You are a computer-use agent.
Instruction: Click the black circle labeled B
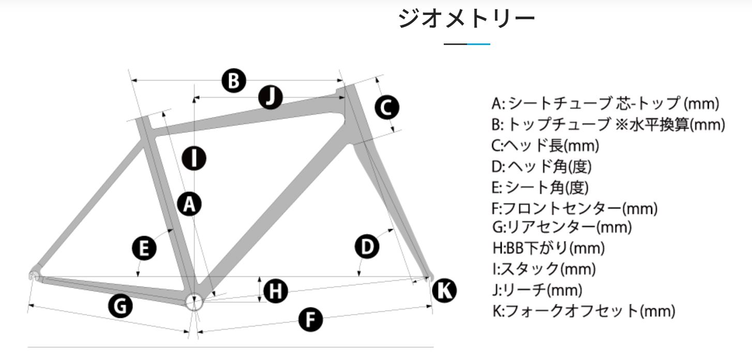pyautogui.click(x=234, y=81)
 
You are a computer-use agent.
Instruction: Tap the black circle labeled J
pyautogui.click(x=270, y=97)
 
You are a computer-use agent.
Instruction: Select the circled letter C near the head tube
pyautogui.click(x=387, y=108)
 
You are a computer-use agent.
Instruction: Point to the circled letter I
pyautogui.click(x=194, y=158)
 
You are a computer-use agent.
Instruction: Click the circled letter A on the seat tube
pyautogui.click(x=189, y=204)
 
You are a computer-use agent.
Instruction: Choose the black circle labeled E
pyautogui.click(x=144, y=248)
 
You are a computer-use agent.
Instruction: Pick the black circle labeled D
pyautogui.click(x=367, y=247)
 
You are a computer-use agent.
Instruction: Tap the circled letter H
pyautogui.click(x=276, y=291)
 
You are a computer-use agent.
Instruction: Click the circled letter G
pyautogui.click(x=120, y=306)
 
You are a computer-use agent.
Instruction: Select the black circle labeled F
pyautogui.click(x=310, y=319)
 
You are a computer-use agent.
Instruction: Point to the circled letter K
pyautogui.click(x=444, y=291)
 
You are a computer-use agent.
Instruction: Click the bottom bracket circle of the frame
pyautogui.click(x=194, y=302)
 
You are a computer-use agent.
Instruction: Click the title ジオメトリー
pyautogui.click(x=467, y=19)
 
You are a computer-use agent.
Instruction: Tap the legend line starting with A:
pyautogui.click(x=605, y=103)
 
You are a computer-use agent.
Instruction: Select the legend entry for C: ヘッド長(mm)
pyautogui.click(x=545, y=145)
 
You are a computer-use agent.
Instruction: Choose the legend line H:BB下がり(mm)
pyautogui.click(x=549, y=248)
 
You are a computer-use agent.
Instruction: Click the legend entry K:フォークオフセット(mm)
pyautogui.click(x=584, y=311)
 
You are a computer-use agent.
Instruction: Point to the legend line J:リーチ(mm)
pyautogui.click(x=537, y=290)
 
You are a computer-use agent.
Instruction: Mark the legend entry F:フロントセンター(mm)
pyautogui.click(x=575, y=208)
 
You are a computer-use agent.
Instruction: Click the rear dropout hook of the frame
pyautogui.click(x=34, y=275)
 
